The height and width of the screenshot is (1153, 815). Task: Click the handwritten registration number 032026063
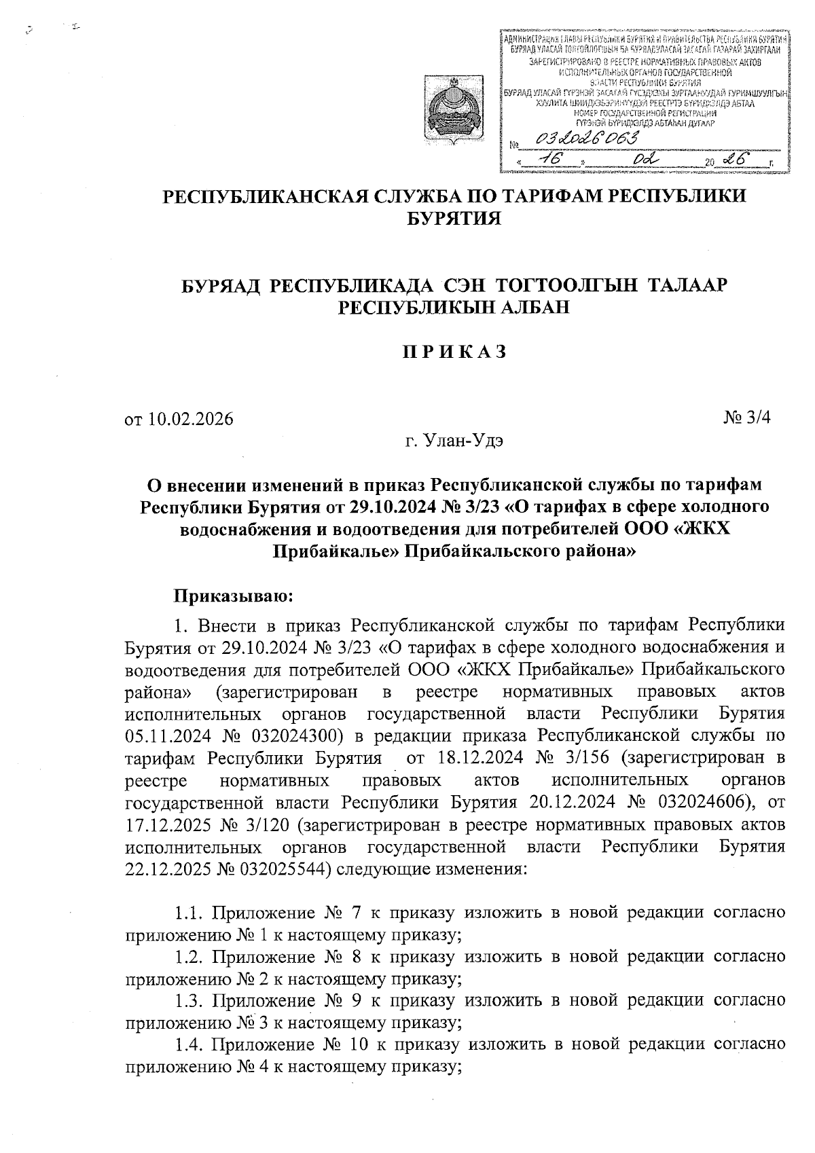(587, 140)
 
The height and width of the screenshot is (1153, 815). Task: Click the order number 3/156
(584, 757)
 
